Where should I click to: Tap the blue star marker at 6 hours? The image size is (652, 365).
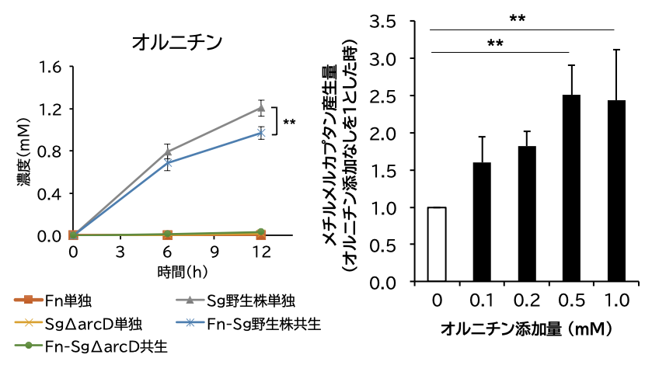coord(167,163)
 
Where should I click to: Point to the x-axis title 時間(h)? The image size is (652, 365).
coord(182,272)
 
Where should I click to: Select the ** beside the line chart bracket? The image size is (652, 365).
coord(289,123)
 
